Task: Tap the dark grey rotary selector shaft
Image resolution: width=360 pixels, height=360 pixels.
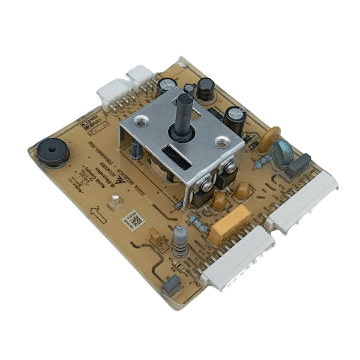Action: [x=185, y=112]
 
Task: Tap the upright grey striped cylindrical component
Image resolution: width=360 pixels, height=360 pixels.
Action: [x=179, y=242]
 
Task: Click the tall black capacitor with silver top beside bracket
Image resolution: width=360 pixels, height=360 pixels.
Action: [x=235, y=119]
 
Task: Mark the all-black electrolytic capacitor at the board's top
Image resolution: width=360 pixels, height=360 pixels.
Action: [x=206, y=88]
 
